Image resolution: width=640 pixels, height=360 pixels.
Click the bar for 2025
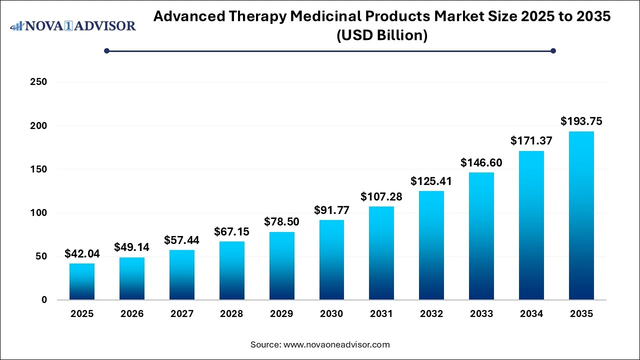tap(82, 281)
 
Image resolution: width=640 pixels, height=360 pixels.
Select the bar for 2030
tap(331, 260)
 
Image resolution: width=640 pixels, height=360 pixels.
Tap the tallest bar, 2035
tap(581, 215)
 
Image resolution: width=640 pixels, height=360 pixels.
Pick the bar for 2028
tap(231, 270)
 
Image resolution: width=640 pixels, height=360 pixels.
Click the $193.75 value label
tap(581, 121)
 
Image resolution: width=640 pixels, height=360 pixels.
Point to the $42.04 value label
tap(82, 253)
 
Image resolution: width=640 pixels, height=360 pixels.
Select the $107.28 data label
tap(381, 196)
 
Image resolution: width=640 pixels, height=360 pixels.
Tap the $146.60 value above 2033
tap(481, 162)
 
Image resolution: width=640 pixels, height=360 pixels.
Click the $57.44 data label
tap(181, 240)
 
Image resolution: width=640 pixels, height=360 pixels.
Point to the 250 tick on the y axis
tap(39, 82)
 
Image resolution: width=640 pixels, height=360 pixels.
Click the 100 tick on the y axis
tap(39, 213)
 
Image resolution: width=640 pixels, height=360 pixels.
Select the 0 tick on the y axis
tap(44, 300)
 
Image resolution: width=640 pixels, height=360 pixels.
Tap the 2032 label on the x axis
tap(431, 314)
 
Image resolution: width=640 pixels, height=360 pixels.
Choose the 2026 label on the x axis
tap(132, 314)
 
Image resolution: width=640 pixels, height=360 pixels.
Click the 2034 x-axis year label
tap(531, 314)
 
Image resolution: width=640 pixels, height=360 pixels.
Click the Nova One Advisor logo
tap(73, 26)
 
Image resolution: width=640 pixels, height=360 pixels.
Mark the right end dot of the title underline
tap(553, 50)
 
